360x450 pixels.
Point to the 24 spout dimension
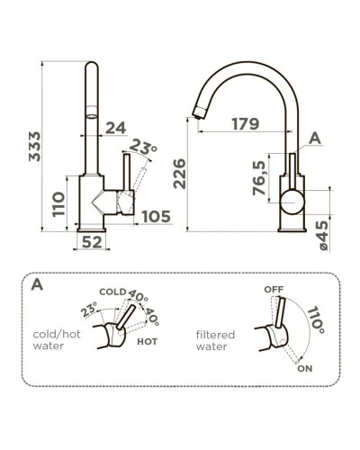click(114, 129)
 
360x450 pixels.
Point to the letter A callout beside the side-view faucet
click(314, 137)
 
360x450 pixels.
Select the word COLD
click(112, 292)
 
